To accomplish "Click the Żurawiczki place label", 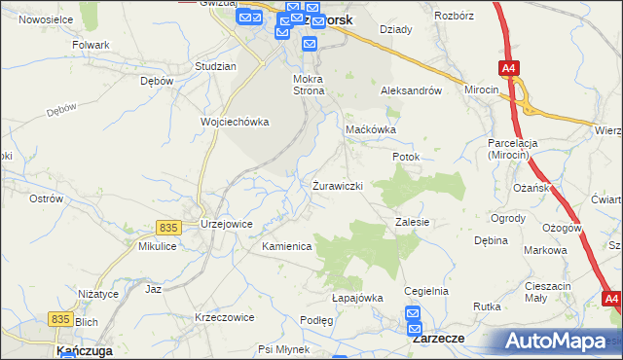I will pos(338,185).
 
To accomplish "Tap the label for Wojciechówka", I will pos(234,122).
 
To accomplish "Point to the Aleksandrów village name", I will pos(411,90).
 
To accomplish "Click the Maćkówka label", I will pos(372,128).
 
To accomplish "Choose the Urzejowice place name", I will pos(227,223).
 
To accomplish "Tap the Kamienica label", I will pos(286,246).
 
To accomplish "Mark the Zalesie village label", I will pos(413,222).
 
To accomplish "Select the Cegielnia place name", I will pos(425,291).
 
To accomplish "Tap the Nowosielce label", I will pos(47,18).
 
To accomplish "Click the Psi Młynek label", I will pos(283,348).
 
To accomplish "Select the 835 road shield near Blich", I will pos(60,318).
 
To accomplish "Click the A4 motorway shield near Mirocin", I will pos(509,68).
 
